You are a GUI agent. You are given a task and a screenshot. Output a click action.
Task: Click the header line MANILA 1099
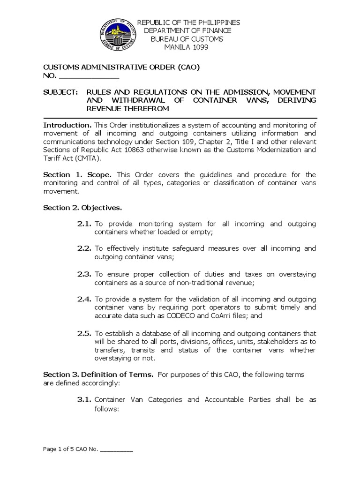pos(187,47)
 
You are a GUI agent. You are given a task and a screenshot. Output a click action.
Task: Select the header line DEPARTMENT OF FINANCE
pos(187,30)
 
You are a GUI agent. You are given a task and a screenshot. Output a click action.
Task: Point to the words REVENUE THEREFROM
pos(127,108)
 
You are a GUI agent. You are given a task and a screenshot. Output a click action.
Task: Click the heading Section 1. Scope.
pos(78,175)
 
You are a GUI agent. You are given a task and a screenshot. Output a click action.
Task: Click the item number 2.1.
pos(84,224)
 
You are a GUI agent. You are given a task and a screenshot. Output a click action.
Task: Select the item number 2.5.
pos(84,333)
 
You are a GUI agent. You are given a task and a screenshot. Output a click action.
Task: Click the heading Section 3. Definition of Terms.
pos(98,375)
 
